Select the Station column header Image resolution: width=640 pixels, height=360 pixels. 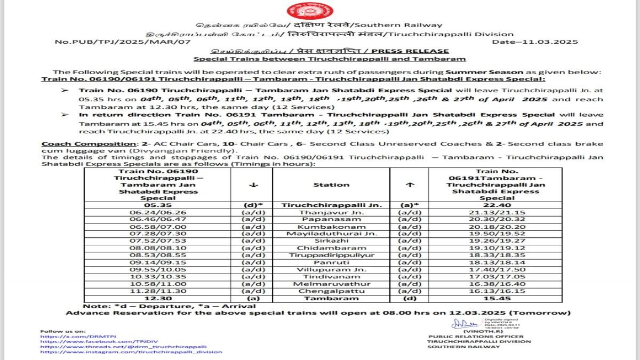[332, 185]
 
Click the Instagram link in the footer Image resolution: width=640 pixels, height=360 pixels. [131, 352]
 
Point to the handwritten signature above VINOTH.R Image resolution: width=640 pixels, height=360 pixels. [459, 323]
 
